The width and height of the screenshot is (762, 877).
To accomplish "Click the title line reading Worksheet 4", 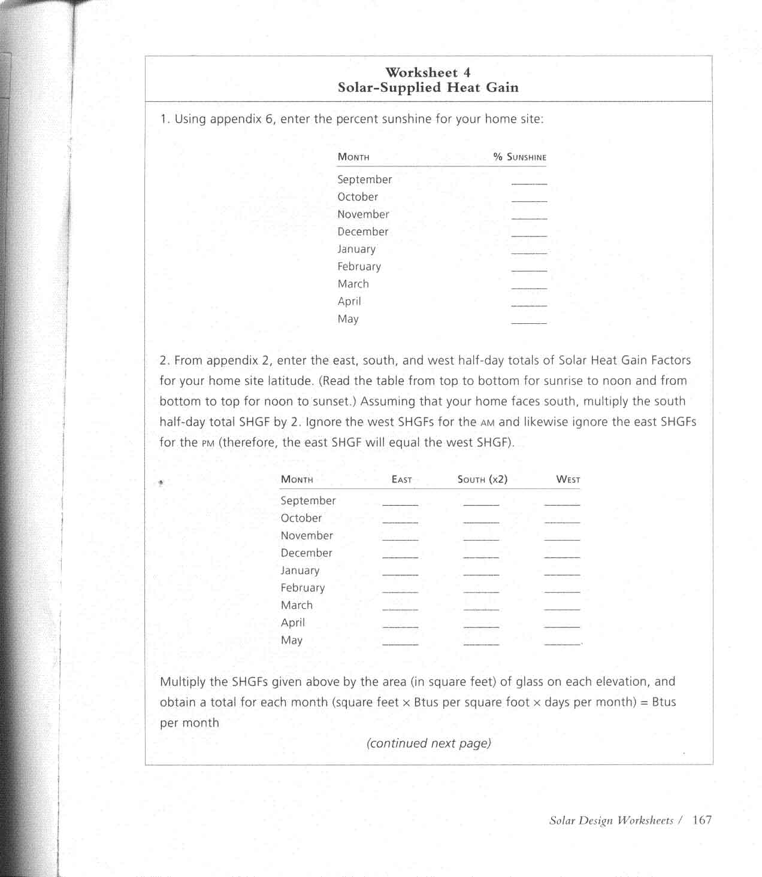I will click(428, 72).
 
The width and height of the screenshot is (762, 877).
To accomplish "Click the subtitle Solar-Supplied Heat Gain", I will click(428, 87).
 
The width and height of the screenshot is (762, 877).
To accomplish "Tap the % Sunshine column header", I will click(520, 157).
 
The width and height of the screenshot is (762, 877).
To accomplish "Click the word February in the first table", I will click(359, 266).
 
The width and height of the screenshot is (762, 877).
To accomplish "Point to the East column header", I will click(401, 479).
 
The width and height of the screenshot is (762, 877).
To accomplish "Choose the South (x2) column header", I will click(482, 479).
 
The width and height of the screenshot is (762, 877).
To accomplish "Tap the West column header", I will click(568, 479).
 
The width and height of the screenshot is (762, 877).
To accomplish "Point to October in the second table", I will click(301, 518).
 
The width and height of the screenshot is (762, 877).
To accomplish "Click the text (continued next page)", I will click(428, 743).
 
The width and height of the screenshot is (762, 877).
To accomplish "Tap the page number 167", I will click(702, 820).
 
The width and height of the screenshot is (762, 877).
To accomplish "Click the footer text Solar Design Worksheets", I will click(611, 821).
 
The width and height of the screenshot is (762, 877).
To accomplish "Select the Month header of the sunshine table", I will click(353, 157).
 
